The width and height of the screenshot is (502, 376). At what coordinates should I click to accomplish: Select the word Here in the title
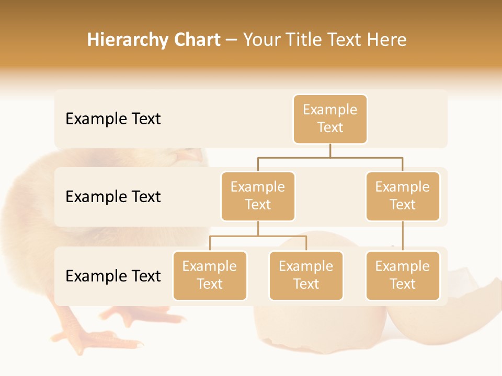pyautogui.click(x=387, y=40)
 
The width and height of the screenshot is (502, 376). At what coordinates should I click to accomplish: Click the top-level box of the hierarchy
pyautogui.click(x=330, y=119)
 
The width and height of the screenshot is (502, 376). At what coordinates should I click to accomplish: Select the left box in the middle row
pyautogui.click(x=258, y=196)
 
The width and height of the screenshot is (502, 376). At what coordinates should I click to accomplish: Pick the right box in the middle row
pyautogui.click(x=403, y=196)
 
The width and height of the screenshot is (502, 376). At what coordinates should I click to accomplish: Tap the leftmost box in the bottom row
pyautogui.click(x=210, y=276)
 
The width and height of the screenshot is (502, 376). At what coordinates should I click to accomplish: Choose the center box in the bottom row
pyautogui.click(x=306, y=276)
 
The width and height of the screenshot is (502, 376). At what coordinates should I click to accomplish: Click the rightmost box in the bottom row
pyautogui.click(x=403, y=276)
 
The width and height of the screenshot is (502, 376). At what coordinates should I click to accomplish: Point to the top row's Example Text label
pyautogui.click(x=113, y=119)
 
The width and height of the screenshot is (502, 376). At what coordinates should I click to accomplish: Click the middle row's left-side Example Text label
pyautogui.click(x=113, y=197)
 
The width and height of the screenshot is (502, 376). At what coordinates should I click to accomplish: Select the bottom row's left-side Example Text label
pyautogui.click(x=113, y=276)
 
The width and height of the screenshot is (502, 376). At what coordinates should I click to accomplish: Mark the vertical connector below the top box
pyautogui.click(x=330, y=150)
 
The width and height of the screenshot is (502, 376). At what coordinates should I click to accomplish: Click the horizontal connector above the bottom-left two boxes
pyautogui.click(x=258, y=236)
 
